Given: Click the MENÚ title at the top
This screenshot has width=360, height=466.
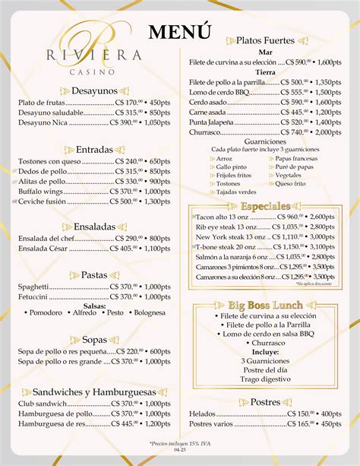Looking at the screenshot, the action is (178, 32).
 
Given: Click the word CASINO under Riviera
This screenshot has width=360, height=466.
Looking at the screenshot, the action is (95, 72).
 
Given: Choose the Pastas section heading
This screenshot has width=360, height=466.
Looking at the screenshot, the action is (94, 274).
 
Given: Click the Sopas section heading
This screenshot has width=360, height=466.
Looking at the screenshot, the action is (94, 339).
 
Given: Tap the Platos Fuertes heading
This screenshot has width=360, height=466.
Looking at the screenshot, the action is (265, 40).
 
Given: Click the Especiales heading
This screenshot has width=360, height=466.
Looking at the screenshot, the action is (265, 206).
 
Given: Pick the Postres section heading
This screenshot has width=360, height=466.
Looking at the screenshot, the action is (265, 401).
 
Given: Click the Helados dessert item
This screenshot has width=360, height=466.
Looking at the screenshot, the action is (203, 414).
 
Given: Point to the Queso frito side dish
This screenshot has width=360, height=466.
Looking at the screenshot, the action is (291, 183).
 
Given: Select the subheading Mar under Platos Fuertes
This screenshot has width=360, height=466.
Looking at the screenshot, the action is (265, 51).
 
